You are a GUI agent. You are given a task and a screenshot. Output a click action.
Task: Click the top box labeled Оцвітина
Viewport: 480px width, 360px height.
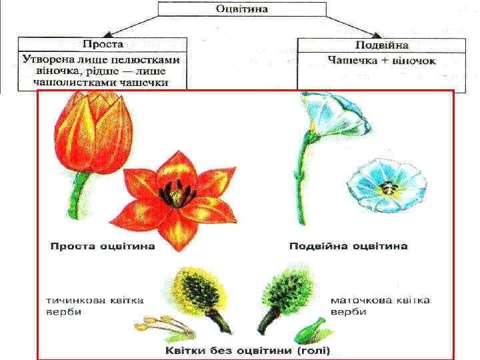click(x=241, y=9)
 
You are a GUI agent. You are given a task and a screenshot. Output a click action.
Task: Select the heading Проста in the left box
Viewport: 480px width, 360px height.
click(x=103, y=45)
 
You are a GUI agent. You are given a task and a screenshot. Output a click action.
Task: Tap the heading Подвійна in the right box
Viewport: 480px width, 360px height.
click(x=381, y=45)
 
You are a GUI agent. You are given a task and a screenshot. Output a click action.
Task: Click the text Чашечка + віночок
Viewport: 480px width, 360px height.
click(x=381, y=60)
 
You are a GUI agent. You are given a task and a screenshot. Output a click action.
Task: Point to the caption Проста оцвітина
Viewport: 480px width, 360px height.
click(x=102, y=247)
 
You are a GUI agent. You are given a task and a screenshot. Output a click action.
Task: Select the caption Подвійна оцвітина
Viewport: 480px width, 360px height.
click(x=348, y=247)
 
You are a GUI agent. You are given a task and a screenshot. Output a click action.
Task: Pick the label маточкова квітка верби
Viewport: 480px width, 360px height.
click(x=380, y=306)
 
